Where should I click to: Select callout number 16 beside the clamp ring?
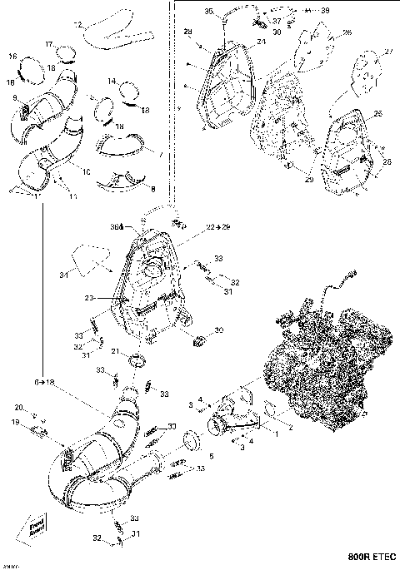coord(13,56)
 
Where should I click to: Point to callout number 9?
coord(15,97)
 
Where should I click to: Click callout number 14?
coord(111,82)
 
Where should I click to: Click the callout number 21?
coord(117,351)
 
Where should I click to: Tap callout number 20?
coord(17,407)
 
